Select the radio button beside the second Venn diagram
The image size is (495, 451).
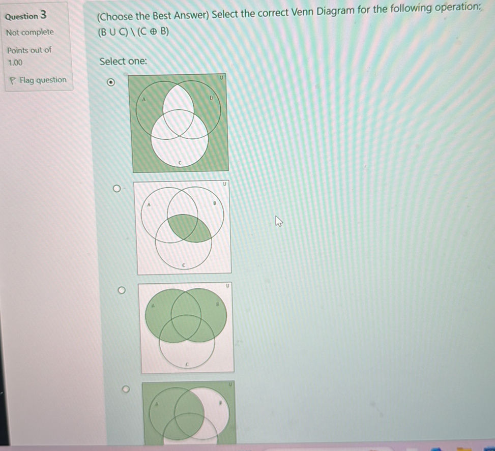[x=117, y=190]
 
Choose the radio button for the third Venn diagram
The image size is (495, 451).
[x=121, y=290]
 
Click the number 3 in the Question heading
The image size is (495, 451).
[x=44, y=14]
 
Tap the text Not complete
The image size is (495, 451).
[x=30, y=32]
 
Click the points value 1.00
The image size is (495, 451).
[x=15, y=63]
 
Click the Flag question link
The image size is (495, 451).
[x=42, y=80]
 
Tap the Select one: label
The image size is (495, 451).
[x=123, y=62]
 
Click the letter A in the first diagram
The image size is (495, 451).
[x=144, y=100]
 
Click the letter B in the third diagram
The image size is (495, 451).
[x=217, y=303]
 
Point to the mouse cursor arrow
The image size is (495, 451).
[x=278, y=221]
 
